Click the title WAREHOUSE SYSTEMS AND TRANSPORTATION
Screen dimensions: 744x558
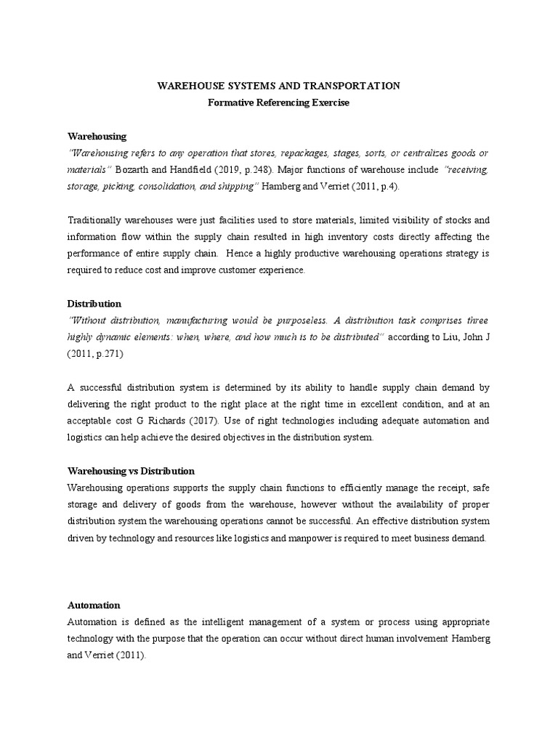279,86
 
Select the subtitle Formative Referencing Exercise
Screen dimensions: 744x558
279,103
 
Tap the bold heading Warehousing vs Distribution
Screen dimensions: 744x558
131,471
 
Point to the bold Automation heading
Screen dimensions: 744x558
94,604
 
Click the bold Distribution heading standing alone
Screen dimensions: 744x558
94,303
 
